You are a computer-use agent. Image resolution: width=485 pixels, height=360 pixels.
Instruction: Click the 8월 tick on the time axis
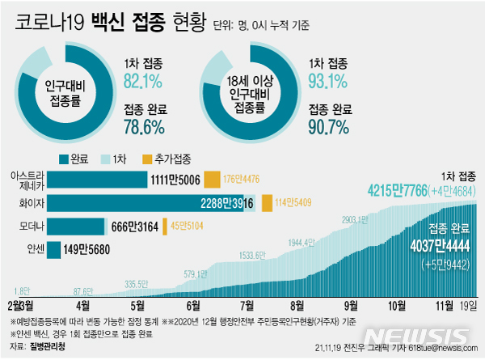[297, 305]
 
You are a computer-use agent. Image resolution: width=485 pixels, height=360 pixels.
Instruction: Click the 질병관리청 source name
[44, 346]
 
